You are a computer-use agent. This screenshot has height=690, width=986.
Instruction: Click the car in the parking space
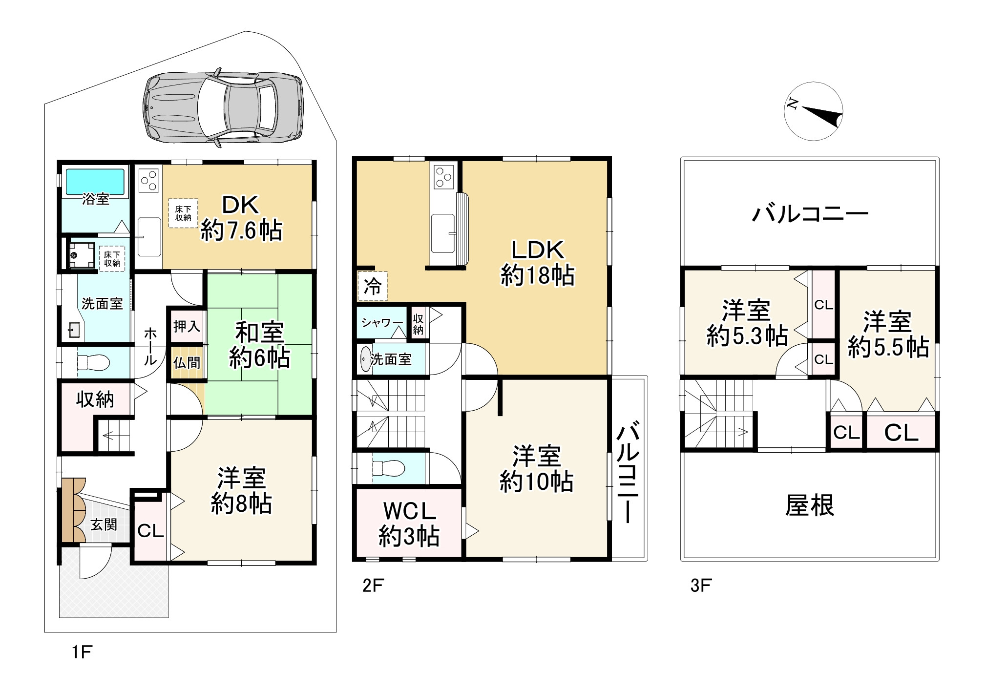point(223,107)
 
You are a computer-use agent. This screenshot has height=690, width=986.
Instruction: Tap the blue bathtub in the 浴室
point(95,181)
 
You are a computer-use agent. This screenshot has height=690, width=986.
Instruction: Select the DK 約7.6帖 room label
point(241,218)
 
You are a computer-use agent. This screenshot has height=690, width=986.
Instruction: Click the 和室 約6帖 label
point(259,345)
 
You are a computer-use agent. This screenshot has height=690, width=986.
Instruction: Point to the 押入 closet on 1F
point(187,326)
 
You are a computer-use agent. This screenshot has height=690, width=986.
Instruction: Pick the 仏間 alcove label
point(187,362)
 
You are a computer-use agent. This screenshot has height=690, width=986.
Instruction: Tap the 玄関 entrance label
point(104,524)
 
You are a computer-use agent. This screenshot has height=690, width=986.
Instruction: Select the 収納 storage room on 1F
point(95,399)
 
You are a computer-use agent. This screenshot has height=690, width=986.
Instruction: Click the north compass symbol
point(814,111)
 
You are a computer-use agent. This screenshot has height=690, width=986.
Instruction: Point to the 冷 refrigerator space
point(373,286)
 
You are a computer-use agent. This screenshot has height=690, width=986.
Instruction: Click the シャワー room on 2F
point(382,323)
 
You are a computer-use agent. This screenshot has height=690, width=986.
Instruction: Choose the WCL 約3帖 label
point(409,524)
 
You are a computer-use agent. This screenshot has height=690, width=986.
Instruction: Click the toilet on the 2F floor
point(388,468)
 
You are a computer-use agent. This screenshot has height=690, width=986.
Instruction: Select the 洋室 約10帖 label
point(536,468)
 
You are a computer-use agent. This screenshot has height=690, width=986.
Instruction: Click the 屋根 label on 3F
point(809,505)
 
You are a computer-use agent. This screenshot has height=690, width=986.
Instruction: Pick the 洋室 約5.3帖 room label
point(746,323)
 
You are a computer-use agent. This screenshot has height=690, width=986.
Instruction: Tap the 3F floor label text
point(700,585)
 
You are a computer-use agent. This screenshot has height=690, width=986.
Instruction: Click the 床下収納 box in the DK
point(183,213)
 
